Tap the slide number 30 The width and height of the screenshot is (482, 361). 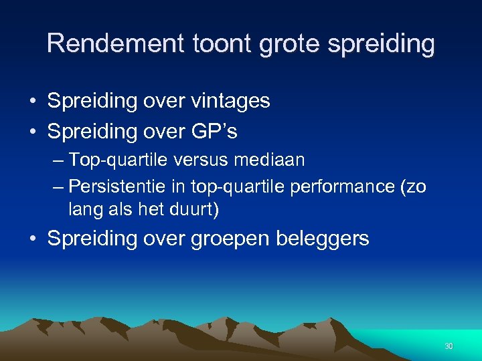pos(449,346)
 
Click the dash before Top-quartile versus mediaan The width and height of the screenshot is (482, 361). pos(58,160)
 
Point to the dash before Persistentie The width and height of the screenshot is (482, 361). pos(58,185)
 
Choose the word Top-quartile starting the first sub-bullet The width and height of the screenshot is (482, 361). pos(115,160)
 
